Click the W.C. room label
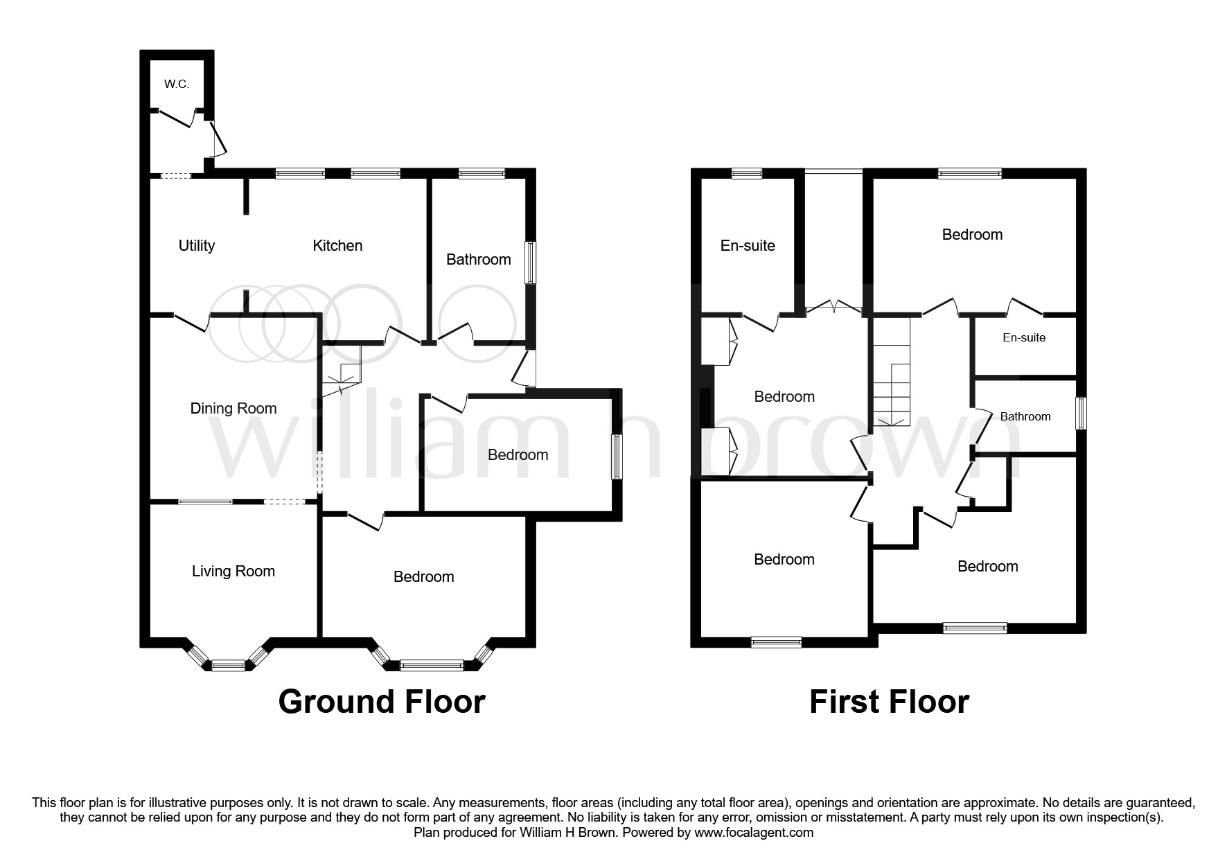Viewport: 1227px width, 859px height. pos(177,85)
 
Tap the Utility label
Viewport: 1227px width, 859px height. pos(197,245)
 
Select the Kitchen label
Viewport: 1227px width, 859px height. pos(337,245)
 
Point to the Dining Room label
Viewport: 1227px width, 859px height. pos(233,409)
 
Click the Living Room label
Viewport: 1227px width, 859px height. pos(233,572)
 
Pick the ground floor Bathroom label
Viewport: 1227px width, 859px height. pos(478,260)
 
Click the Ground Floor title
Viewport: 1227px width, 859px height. pos(381,702)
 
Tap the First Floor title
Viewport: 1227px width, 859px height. pos(889,702)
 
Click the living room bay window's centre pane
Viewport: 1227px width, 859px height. pos(229,666)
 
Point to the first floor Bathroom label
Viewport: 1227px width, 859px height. pos(1025,417)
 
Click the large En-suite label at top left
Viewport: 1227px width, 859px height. pos(748,246)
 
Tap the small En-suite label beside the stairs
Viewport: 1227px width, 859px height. pos(1024,338)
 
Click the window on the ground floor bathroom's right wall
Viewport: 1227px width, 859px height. pos(531,262)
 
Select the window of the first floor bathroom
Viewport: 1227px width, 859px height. pos(1081,414)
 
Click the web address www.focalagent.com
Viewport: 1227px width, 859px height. pos(754,833)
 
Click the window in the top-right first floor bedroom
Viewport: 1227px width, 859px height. pos(969,174)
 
